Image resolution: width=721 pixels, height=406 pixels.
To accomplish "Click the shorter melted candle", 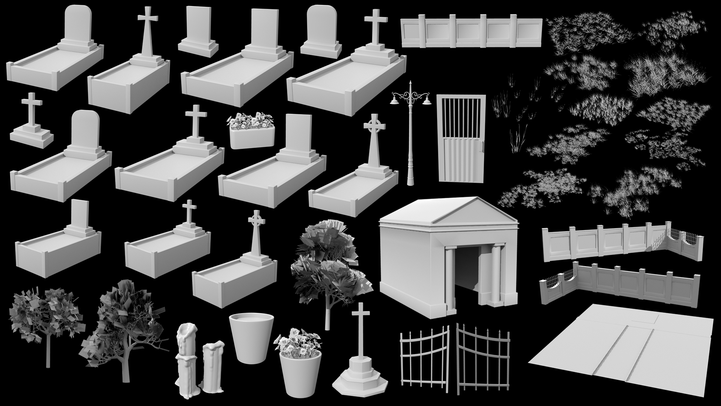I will point(212,363).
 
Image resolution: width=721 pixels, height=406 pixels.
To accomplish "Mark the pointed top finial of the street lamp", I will point(411,83).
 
